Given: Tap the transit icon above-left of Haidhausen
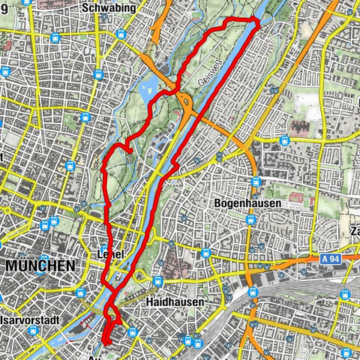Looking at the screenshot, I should [158, 281].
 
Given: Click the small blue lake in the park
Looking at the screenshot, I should [166, 79].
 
